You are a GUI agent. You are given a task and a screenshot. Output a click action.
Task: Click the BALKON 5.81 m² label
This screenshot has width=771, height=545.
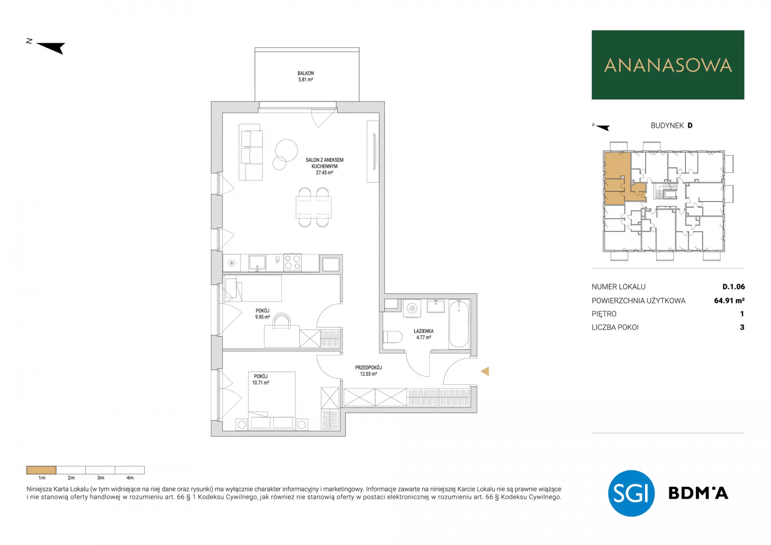pyautogui.click(x=306, y=76)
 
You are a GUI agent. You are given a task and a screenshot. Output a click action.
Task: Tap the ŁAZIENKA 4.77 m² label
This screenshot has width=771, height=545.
pyautogui.click(x=424, y=334)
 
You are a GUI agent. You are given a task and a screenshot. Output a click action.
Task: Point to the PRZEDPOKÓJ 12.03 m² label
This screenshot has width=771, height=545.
pyautogui.click(x=368, y=371)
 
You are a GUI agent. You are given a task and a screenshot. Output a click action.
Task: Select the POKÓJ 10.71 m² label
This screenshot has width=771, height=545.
pyautogui.click(x=261, y=380)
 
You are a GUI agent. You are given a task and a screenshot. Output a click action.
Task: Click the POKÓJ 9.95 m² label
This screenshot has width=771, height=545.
pyautogui.click(x=262, y=314)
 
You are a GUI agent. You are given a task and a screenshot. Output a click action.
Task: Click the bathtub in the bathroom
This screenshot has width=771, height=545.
pyautogui.click(x=459, y=323)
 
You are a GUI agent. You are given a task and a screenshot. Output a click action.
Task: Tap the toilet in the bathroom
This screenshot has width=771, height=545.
pyautogui.click(x=392, y=337)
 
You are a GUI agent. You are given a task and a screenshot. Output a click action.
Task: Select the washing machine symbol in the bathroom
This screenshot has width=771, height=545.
pyautogui.click(x=412, y=308)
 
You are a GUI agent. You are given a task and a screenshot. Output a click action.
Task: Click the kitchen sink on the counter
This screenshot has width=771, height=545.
pyautogui.click(x=257, y=263)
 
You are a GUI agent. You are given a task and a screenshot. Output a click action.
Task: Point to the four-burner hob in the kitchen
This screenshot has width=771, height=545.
pyautogui.click(x=292, y=263)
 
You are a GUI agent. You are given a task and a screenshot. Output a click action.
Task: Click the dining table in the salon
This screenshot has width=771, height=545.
pyautogui.click(x=314, y=207)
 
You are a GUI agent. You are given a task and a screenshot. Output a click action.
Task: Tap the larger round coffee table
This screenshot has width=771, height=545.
pyautogui.click(x=286, y=150)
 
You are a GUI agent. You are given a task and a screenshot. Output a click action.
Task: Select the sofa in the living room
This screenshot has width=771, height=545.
pyautogui.click(x=251, y=152)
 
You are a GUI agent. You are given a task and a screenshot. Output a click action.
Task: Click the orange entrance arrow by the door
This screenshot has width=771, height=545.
pyautogui.click(x=485, y=371)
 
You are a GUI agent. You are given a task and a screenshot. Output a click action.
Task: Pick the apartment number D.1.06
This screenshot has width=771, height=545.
pyautogui.click(x=733, y=287)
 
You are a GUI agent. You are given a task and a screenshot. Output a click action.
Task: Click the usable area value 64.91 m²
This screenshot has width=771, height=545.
pyautogui.click(x=729, y=300)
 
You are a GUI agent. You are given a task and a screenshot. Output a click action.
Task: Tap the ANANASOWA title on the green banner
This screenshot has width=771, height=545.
pyautogui.click(x=668, y=65)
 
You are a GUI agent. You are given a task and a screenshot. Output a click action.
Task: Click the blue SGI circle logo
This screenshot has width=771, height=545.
pyautogui.click(x=631, y=493)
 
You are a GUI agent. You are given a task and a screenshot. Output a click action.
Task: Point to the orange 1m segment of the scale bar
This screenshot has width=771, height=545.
pyautogui.click(x=41, y=470)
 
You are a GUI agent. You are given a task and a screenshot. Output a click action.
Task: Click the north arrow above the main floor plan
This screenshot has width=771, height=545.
pyautogui.click(x=51, y=47)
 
